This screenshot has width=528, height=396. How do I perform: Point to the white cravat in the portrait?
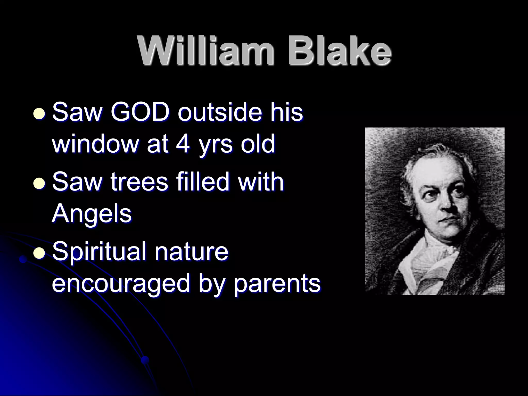tap(428, 260)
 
